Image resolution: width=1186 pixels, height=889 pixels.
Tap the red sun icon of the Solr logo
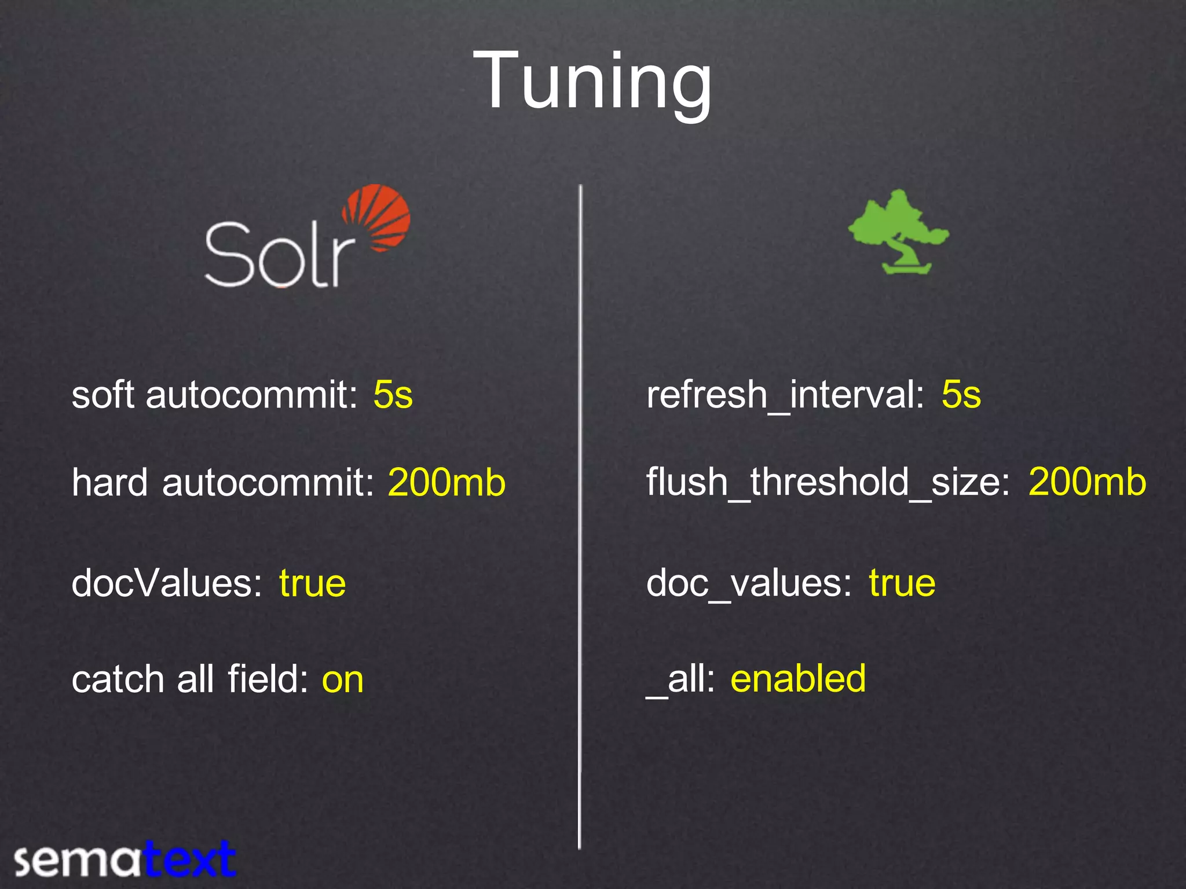pyautogui.click(x=378, y=218)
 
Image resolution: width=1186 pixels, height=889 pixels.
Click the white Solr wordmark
pyautogui.click(x=279, y=255)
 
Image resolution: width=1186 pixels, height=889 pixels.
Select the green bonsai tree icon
pyautogui.click(x=898, y=232)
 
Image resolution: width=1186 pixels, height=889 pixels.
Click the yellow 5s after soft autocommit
pyautogui.click(x=393, y=395)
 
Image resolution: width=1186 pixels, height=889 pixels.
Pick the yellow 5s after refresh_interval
pyautogui.click(x=961, y=395)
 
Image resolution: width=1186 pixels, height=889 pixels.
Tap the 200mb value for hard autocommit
pyautogui.click(x=446, y=483)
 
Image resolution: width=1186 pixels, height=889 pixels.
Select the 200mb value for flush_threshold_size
pyautogui.click(x=1087, y=483)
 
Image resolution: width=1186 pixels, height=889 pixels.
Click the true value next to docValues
pyautogui.click(x=312, y=583)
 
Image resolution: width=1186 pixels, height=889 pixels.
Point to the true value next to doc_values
pyautogui.click(x=902, y=583)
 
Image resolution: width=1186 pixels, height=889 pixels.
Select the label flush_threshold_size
pyautogui.click(x=828, y=484)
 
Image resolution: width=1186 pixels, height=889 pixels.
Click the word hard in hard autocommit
pyautogui.click(x=109, y=483)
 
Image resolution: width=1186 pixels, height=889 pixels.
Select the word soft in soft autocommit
pyautogui.click(x=103, y=395)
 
